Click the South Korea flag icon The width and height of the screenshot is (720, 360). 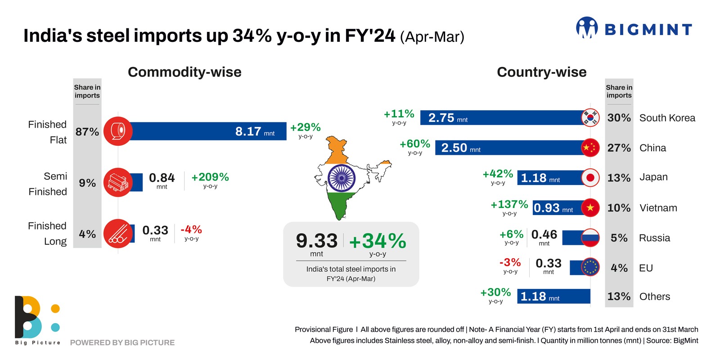point(590,117)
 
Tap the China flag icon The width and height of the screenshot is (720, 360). point(590,148)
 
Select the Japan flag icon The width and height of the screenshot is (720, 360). point(590,178)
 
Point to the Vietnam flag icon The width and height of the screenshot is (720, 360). point(590,207)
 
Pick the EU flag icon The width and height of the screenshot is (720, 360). point(590,267)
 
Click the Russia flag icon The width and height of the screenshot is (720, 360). point(590,238)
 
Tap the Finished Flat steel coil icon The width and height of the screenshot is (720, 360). point(118,131)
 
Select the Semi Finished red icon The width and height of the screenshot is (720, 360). point(118,182)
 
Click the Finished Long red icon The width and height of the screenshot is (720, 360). point(118,234)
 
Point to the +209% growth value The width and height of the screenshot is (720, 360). point(210,177)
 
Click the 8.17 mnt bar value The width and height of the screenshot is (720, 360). point(254,131)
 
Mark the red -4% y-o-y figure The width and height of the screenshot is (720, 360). point(191,229)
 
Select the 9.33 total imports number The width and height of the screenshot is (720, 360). point(317,241)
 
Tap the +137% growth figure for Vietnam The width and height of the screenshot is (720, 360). point(509,205)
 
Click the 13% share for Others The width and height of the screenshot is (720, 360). point(619,297)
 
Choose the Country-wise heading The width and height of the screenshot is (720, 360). point(541,72)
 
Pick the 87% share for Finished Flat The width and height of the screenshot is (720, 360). point(87,132)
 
